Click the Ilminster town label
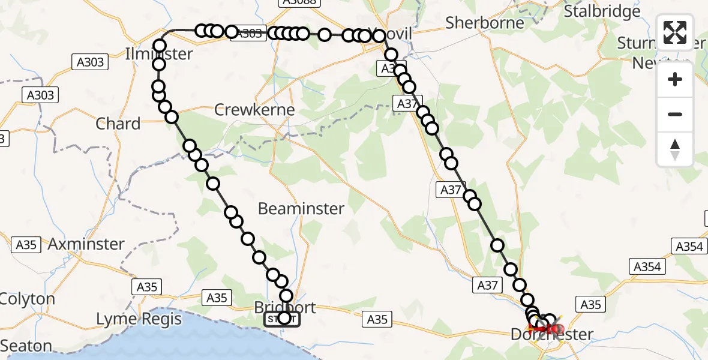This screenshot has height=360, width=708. (159, 54)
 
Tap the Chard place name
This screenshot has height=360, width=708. (118, 124)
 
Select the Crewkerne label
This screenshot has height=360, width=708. (254, 110)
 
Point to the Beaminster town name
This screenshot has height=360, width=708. (301, 209)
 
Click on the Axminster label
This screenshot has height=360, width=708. (86, 244)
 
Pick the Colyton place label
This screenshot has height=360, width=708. (28, 299)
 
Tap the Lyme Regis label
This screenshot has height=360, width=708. (139, 319)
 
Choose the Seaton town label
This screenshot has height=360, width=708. (26, 346)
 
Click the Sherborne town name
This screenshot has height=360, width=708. (485, 23)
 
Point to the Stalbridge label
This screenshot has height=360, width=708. (603, 11)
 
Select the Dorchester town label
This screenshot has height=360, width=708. (551, 335)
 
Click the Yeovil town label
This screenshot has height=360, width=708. (393, 34)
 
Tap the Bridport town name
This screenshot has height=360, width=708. (285, 307)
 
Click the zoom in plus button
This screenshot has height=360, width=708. (675, 79)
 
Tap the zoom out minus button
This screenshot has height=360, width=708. (675, 114)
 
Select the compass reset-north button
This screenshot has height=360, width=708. (675, 149)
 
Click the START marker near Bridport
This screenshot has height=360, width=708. (282, 319)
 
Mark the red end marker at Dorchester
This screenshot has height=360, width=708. (556, 329)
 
